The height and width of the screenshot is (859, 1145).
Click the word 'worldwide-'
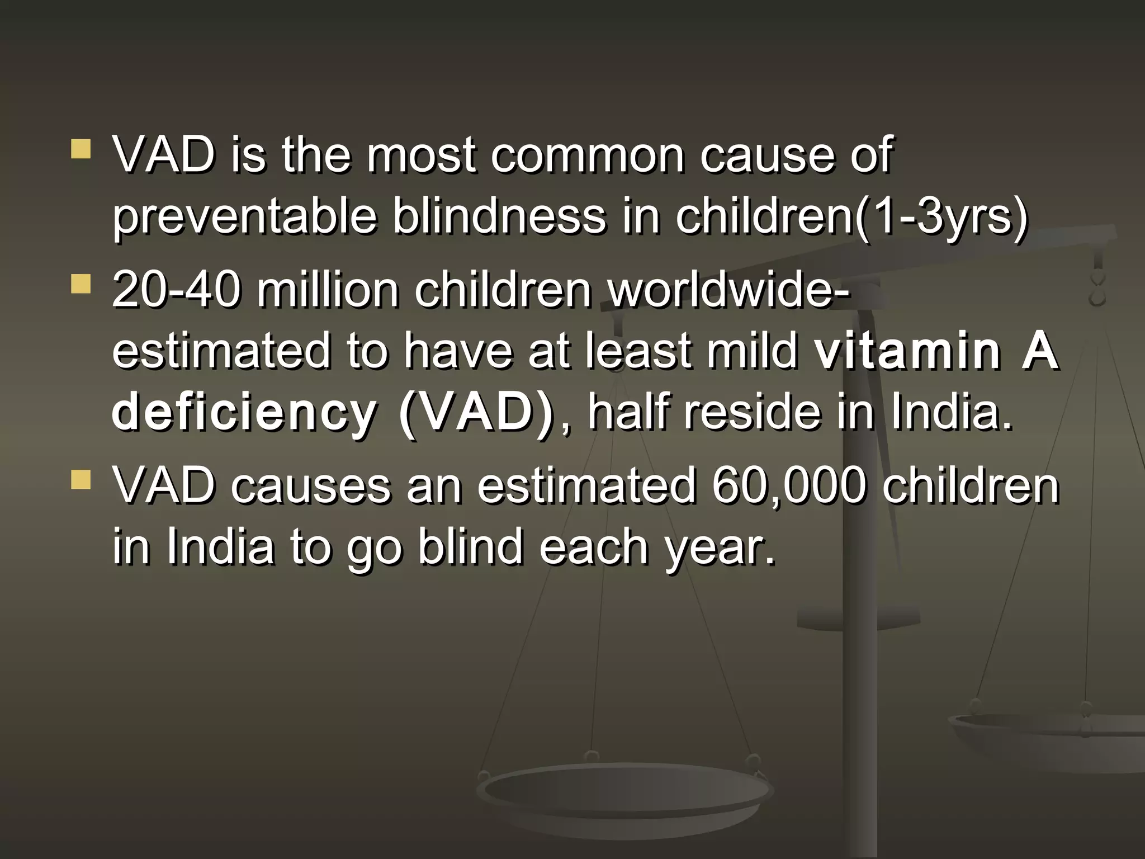[728, 291]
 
